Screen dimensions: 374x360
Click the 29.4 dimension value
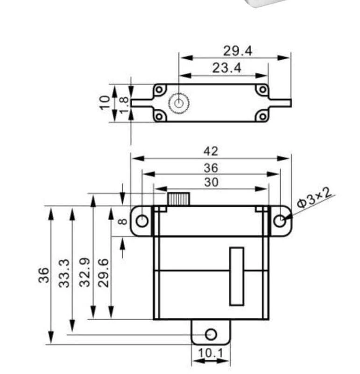coord(237,50)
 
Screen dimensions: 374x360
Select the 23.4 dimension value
coord(227,68)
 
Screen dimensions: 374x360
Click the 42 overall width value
coord(211,151)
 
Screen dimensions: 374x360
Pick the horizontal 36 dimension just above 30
coord(211,167)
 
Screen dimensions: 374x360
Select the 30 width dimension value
coord(211,182)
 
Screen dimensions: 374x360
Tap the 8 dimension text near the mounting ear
coord(121,221)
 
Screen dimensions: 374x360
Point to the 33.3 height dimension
coord(65,273)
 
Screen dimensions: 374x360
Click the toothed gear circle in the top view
coord(178,103)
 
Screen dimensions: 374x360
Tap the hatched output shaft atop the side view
coord(178,199)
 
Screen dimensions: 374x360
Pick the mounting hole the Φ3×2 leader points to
coord(279,221)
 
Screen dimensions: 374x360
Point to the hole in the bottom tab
coord(211,334)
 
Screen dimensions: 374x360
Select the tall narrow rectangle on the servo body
coord(237,276)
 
